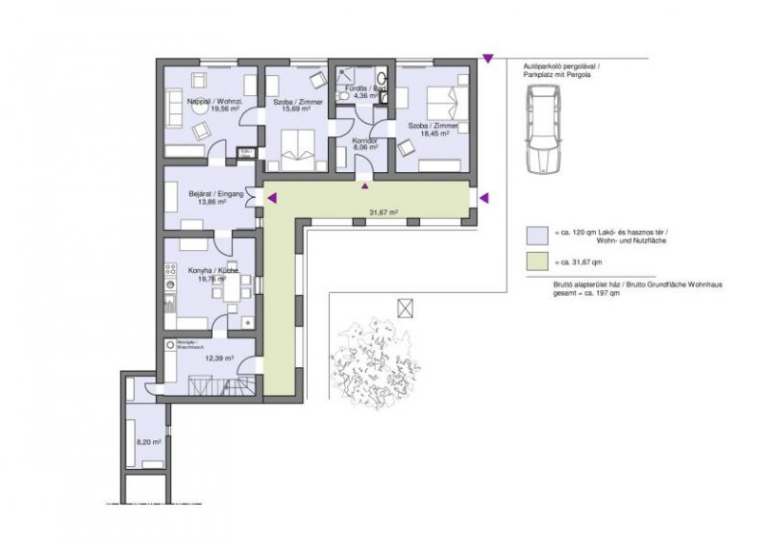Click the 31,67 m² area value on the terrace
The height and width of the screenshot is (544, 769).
click(x=384, y=212)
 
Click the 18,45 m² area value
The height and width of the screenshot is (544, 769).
click(x=434, y=135)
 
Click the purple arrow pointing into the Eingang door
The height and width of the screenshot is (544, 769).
click(x=272, y=198)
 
